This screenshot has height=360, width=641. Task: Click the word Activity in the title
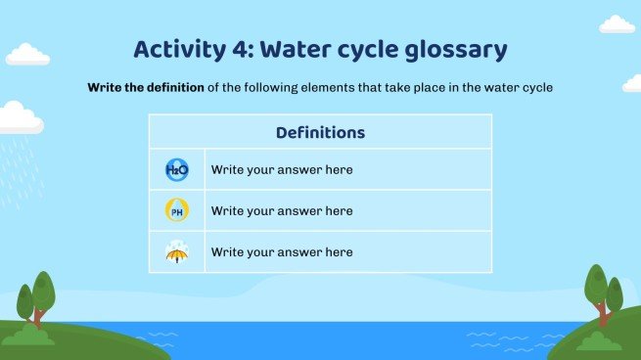click(x=177, y=50)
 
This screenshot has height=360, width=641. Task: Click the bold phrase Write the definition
click(x=146, y=88)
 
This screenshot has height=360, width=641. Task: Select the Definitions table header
click(x=320, y=132)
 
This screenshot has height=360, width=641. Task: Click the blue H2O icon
click(x=176, y=170)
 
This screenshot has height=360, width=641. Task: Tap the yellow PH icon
click(x=176, y=210)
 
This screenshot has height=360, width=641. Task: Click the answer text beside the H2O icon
click(x=282, y=170)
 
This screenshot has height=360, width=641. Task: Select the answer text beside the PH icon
click(x=282, y=210)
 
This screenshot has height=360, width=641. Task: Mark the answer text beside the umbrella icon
click(x=282, y=252)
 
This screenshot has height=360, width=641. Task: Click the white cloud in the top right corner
click(x=617, y=23)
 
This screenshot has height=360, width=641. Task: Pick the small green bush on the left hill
click(x=31, y=336)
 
